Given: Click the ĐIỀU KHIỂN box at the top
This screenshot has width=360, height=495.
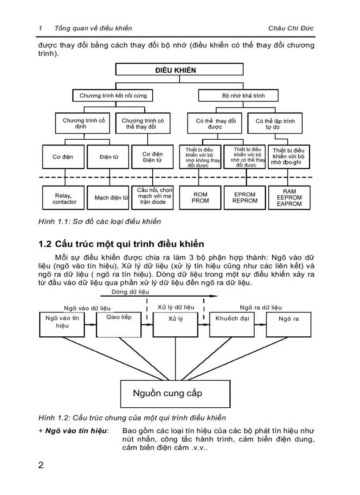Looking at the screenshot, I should point(179,70).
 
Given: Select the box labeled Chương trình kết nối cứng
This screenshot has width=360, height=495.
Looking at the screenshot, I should point(113,95).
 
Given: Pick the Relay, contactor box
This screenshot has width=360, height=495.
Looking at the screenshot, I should point(64,198).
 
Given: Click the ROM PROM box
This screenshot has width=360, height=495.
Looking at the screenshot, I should point(200,197).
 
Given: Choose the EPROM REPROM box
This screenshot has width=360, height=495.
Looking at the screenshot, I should point(245,197).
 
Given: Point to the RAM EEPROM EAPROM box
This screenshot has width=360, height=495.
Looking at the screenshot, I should point(289,197).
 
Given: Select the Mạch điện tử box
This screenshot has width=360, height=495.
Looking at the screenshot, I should point(109,198).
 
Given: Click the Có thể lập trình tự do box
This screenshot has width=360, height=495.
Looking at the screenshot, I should point(275,124).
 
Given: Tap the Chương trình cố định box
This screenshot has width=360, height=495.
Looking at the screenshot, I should point(84,123).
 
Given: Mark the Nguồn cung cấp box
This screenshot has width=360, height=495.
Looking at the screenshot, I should point(175,394).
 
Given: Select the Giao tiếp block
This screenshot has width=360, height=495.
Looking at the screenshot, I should point(119,325).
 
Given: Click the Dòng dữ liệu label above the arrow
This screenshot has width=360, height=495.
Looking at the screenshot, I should point(131,292).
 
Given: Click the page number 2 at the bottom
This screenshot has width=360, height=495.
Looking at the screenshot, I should point(41,465).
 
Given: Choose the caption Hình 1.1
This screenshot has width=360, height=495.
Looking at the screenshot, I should point(100,221).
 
